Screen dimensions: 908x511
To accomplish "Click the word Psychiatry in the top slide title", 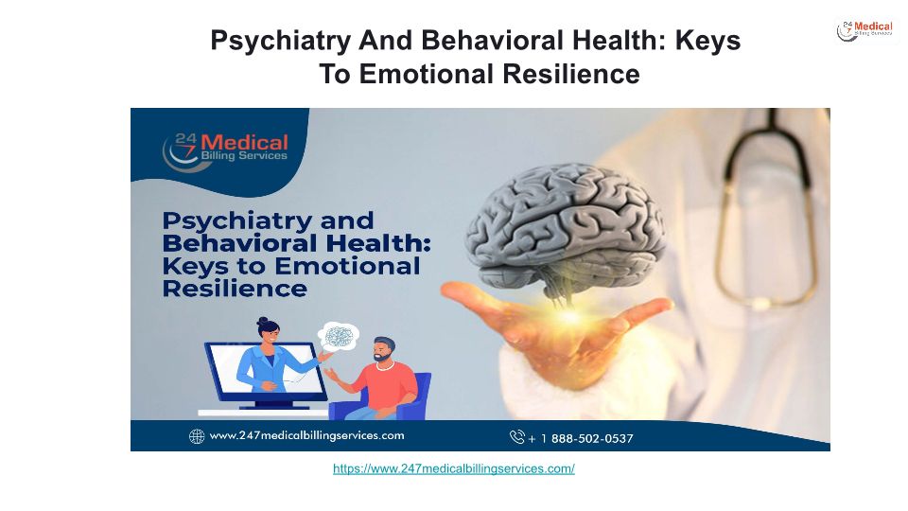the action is [281, 41].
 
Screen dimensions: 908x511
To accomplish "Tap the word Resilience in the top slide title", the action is [571, 74].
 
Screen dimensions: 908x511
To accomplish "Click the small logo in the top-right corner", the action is [864, 30].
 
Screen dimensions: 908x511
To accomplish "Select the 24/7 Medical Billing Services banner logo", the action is [225, 151].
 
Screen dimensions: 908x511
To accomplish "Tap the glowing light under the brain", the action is [569, 316].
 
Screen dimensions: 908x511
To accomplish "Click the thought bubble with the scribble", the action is [339, 337].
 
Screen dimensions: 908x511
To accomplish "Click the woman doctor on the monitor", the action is [272, 357].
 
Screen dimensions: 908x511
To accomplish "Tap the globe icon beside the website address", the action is [197, 436].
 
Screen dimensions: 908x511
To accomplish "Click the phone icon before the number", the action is [517, 437].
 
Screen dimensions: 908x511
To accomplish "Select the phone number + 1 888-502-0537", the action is [581, 438].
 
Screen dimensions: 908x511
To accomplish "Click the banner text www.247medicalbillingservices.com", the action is [306, 435].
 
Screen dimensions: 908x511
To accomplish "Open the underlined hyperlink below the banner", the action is [454, 468].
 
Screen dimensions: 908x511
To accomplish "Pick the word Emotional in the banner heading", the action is [347, 266].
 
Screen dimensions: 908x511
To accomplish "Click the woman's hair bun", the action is [262, 320].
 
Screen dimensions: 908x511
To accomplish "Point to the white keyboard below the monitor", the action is [263, 413].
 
